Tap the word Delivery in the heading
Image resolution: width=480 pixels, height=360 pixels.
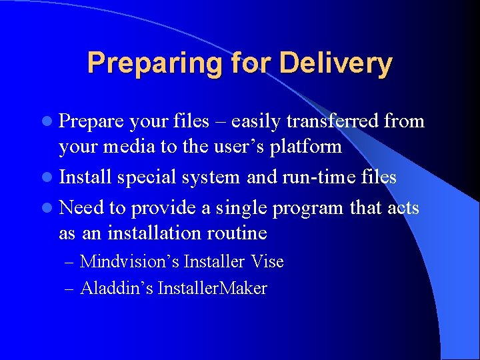click(x=336, y=63)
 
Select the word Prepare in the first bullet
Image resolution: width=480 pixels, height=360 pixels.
click(x=91, y=121)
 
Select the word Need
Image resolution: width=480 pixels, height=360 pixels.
click(x=82, y=208)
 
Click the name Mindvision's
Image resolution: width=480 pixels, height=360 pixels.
click(x=129, y=262)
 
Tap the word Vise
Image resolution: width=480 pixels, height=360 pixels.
click(x=268, y=262)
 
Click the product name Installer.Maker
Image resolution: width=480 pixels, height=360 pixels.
click(x=212, y=289)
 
